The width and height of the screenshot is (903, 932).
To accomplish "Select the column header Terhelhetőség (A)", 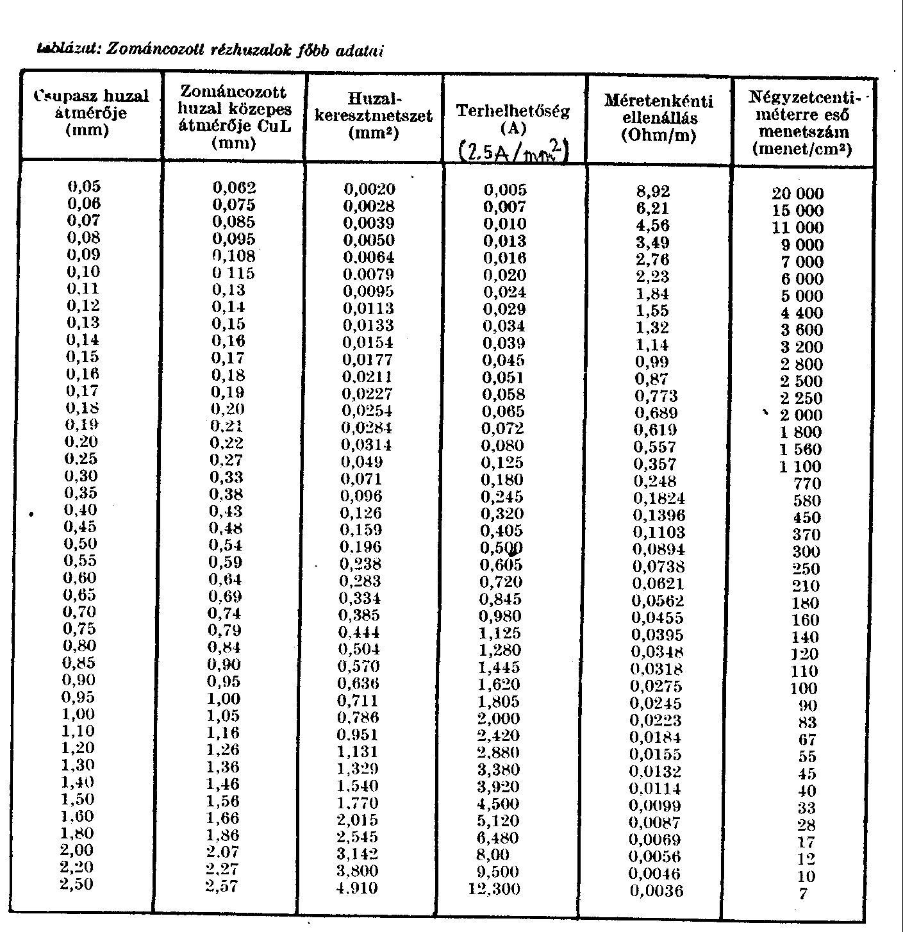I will [x=513, y=119].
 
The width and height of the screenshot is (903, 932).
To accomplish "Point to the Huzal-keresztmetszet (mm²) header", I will [x=374, y=116].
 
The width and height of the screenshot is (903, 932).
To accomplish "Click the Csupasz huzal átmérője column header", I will [x=91, y=113].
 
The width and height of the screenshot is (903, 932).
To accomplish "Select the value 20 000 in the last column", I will [x=798, y=194].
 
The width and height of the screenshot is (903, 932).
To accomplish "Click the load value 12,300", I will [x=494, y=889].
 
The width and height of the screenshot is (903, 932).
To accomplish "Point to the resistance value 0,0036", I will [x=656, y=891].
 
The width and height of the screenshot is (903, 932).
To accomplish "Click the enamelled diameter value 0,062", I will [x=234, y=188].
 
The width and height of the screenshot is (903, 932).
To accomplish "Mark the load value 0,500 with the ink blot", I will [x=502, y=548].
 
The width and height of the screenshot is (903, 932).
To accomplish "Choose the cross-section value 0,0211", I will [x=367, y=376].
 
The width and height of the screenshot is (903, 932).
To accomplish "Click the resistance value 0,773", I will [x=655, y=396].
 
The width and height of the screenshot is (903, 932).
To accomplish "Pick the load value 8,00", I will [x=493, y=854].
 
